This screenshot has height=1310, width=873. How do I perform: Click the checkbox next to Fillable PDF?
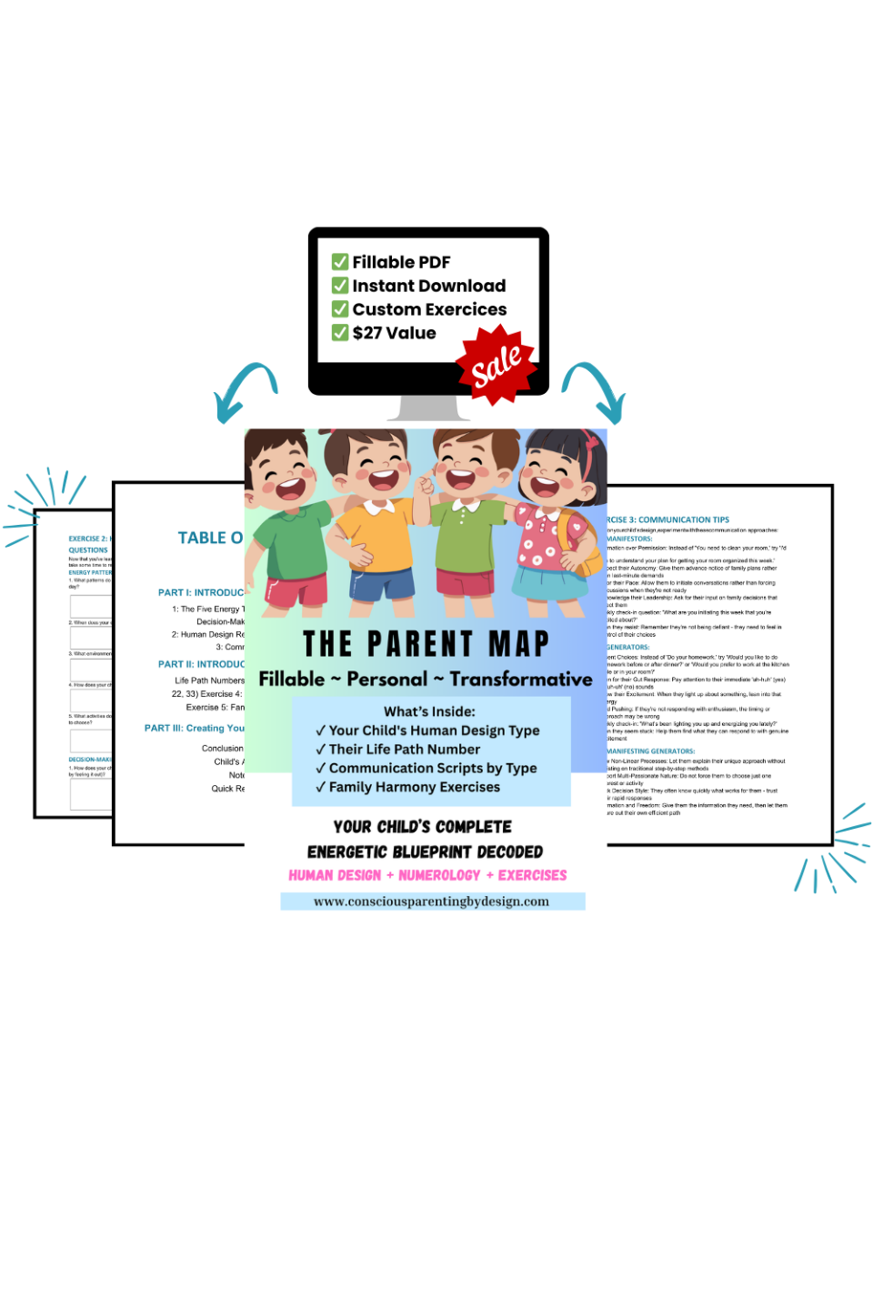(340, 262)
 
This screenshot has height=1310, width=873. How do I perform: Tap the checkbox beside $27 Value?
(340, 333)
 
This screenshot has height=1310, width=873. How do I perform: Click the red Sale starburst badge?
(497, 364)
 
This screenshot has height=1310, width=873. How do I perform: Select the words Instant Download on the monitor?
(428, 286)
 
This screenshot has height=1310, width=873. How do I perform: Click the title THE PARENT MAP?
(426, 644)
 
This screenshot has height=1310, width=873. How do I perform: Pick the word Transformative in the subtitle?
(520, 680)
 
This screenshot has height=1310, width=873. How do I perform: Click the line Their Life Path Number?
(404, 750)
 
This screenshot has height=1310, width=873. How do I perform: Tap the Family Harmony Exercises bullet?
(414, 788)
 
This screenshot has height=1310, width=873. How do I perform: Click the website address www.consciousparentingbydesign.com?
(431, 902)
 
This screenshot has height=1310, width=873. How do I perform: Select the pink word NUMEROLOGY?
(439, 875)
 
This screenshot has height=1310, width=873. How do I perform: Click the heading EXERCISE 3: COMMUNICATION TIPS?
(668, 520)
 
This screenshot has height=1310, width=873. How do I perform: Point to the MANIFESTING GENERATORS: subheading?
(651, 751)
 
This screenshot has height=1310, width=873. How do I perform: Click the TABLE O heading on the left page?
(210, 538)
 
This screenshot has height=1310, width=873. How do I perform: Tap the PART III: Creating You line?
(195, 728)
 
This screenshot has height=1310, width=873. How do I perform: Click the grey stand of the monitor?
(428, 408)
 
